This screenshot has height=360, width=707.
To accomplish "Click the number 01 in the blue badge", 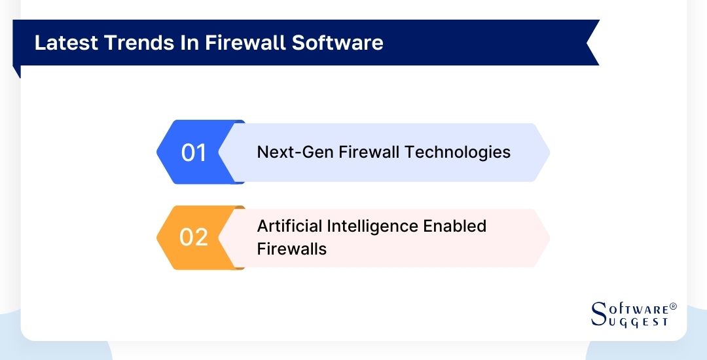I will click(194, 153).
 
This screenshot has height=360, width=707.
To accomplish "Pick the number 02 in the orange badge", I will click(194, 237).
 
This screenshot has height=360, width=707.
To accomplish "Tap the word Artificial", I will click(289, 226).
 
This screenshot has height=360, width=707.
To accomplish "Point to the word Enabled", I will click(454, 226).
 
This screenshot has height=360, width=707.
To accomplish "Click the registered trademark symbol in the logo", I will click(673, 306).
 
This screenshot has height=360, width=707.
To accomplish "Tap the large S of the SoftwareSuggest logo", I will click(598, 314).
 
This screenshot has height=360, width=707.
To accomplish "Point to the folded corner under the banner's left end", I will click(17, 71).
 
